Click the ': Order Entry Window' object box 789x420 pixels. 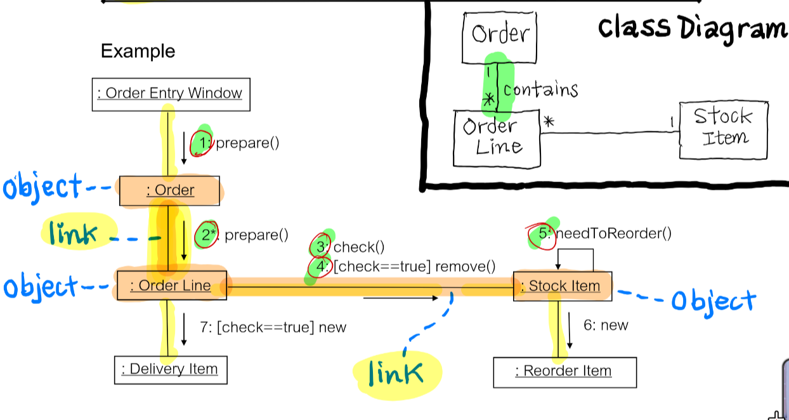[171, 94]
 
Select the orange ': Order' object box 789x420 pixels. [169, 190]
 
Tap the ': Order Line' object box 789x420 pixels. [171, 285]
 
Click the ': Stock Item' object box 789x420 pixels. [563, 286]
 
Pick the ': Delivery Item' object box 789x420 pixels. [170, 369]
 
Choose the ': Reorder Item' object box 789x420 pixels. [564, 371]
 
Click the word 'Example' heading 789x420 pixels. [138, 51]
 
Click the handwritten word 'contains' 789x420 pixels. [540, 89]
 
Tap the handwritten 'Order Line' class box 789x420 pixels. [497, 138]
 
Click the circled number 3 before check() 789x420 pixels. [321, 246]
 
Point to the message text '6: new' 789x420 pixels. [606, 325]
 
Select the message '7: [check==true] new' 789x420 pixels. [273, 327]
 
